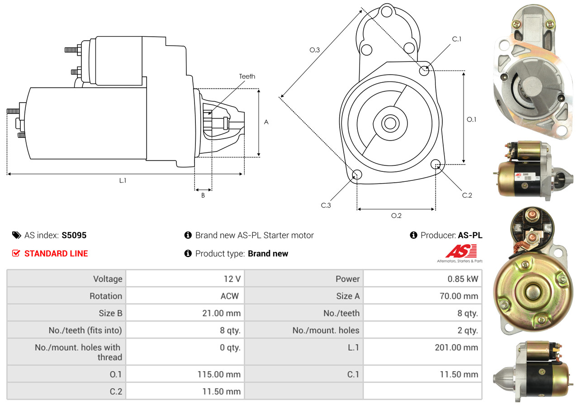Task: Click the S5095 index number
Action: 74,235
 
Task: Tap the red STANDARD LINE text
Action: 56,254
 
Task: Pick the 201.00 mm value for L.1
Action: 456,347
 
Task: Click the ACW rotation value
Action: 229,296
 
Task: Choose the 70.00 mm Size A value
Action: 459,296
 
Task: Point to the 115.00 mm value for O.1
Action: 219,374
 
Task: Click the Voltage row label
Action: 108,279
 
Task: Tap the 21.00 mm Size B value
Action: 222,313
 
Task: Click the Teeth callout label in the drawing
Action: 247,76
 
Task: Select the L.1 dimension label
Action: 123,180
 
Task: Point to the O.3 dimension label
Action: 314,50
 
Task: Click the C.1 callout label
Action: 456,39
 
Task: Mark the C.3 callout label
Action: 326,205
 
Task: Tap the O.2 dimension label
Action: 396,216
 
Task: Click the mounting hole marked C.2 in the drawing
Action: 436,164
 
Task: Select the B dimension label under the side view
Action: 203,195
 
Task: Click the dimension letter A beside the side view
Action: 266,122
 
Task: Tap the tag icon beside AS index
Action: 17,235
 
